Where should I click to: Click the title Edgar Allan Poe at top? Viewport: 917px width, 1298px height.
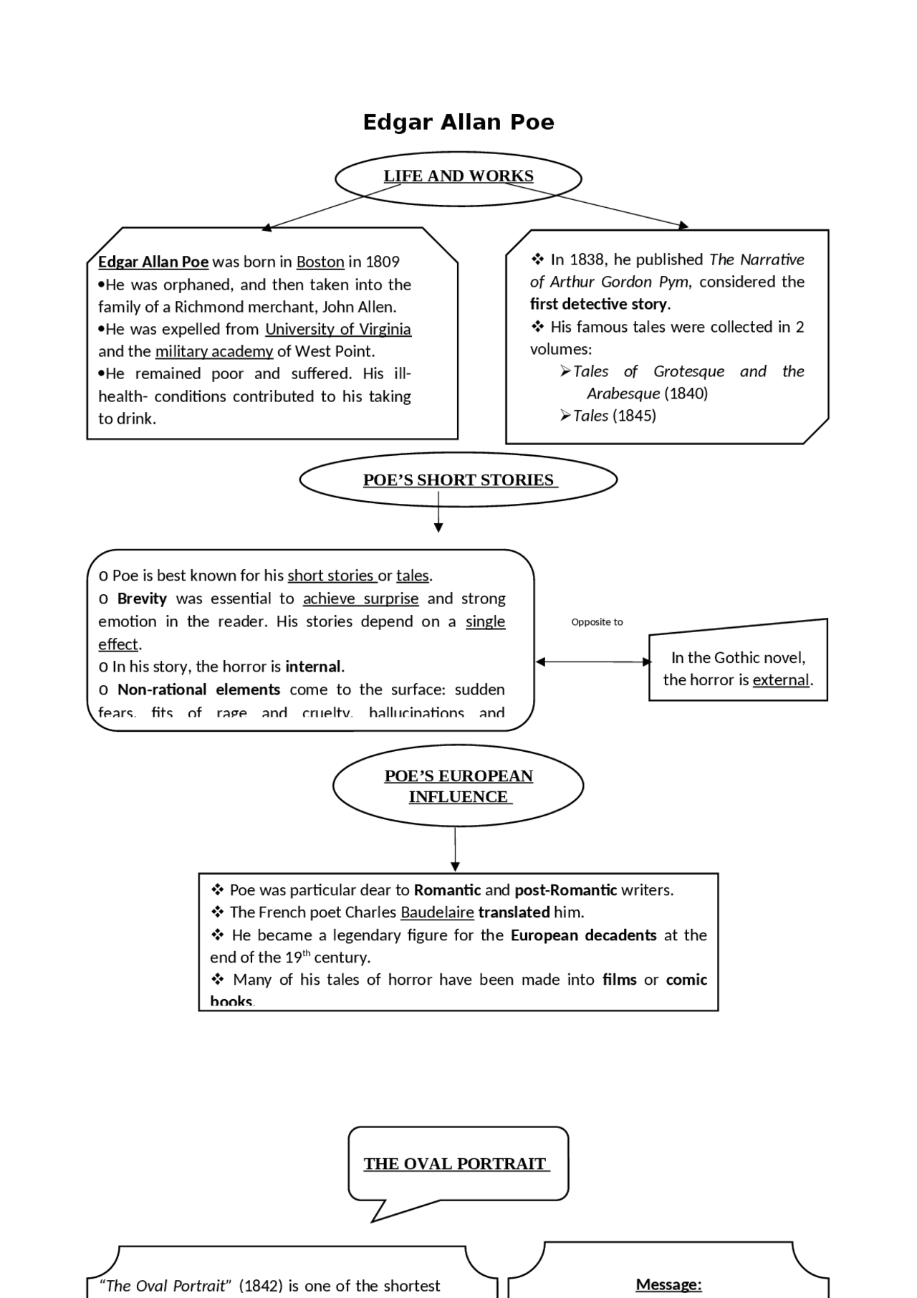tap(458, 123)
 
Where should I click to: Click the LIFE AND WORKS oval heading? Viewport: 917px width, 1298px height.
tap(458, 176)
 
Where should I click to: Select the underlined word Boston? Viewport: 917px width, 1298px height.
tap(320, 262)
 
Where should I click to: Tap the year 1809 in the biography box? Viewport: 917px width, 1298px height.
tap(383, 262)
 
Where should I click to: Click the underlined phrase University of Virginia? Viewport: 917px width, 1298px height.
tap(338, 330)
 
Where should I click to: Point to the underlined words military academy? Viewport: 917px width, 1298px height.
tap(214, 352)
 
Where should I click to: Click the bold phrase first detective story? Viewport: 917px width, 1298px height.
tap(598, 305)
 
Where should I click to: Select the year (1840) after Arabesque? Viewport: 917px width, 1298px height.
tap(686, 393)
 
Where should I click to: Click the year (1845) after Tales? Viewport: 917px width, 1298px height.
tap(634, 416)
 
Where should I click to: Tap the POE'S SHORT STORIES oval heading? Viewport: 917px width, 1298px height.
tap(458, 480)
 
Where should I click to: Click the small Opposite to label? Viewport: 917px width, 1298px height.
tap(597, 622)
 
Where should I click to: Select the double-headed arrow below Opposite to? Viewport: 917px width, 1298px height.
tap(592, 662)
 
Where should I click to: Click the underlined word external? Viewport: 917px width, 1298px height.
tap(781, 680)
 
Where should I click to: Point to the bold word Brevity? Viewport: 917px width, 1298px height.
tap(142, 599)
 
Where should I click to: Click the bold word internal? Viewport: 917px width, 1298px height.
tap(313, 667)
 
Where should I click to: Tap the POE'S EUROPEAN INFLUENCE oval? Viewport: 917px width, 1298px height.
tap(458, 786)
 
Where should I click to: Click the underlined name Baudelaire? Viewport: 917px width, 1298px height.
tap(437, 913)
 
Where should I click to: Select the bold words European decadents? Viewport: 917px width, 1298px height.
tap(583, 936)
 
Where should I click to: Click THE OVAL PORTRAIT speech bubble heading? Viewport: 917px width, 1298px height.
tap(456, 1164)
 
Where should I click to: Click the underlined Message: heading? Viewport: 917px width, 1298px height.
tap(668, 1285)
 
